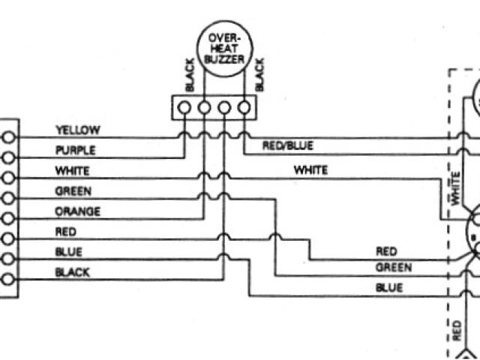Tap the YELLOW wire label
point(77,130)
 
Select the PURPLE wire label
point(76,150)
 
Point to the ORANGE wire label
point(78,211)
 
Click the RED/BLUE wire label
point(288,145)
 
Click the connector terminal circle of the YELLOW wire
point(8,138)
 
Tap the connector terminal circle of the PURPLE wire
point(8,158)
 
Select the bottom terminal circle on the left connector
point(8,280)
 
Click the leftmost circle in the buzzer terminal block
point(184,108)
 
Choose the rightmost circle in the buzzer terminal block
point(244,108)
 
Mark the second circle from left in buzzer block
point(204,108)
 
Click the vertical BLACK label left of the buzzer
point(190,74)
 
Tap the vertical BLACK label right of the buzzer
point(259,74)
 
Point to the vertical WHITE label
point(455,187)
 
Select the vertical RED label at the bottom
point(457,329)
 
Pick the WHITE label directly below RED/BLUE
point(310,170)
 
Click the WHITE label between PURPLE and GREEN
point(73,170)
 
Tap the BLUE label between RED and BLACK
point(69,252)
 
